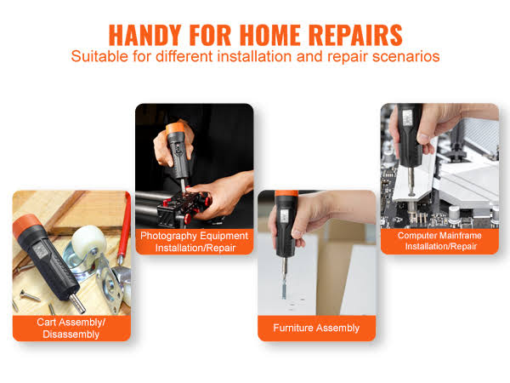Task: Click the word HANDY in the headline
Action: tap(144, 35)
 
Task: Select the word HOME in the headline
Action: tap(270, 35)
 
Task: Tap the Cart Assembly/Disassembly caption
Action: tap(71, 329)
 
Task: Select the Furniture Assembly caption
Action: tap(316, 328)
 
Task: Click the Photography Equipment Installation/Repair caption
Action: tap(195, 242)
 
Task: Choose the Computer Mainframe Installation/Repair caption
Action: tap(439, 241)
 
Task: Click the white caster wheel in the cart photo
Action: tap(88, 238)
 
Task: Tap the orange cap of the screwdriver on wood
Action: tap(26, 226)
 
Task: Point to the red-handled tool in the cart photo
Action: tap(124, 228)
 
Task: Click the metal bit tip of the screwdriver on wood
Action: tap(78, 304)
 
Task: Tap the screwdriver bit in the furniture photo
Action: tap(284, 277)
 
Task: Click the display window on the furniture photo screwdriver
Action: tap(284, 216)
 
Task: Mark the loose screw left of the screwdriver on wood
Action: tap(30, 295)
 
